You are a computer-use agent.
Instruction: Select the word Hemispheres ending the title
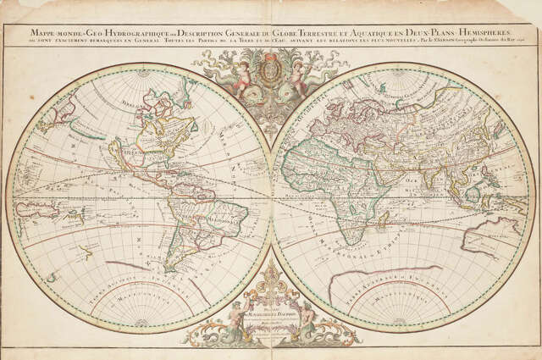(x=500, y=33)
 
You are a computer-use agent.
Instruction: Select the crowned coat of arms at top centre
(x=270, y=68)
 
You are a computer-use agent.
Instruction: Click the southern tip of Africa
(x=350, y=241)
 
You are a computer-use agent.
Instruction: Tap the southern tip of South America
(x=174, y=269)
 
